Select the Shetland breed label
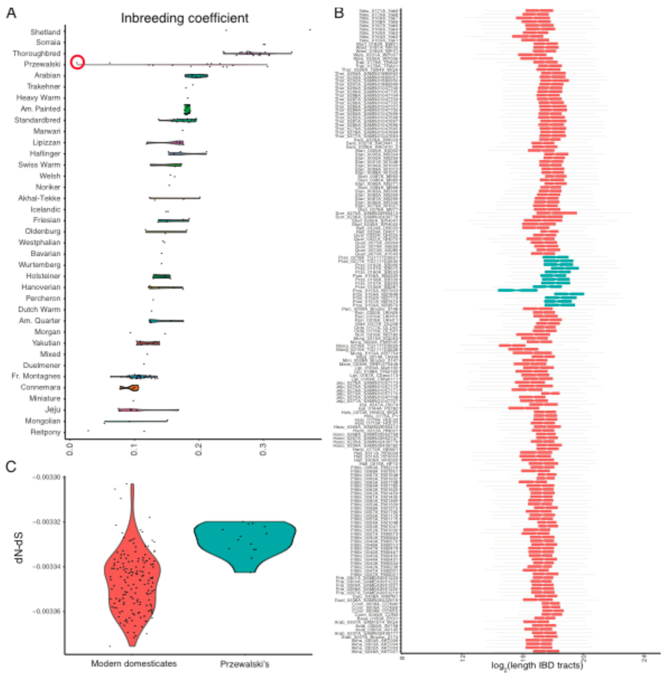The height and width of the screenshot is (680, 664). point(45,32)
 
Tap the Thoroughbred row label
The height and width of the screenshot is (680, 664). point(37,53)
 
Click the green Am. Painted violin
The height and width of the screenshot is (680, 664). point(187,109)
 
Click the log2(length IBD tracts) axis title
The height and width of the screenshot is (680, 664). point(537,665)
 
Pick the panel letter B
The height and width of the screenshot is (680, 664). point(339,13)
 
